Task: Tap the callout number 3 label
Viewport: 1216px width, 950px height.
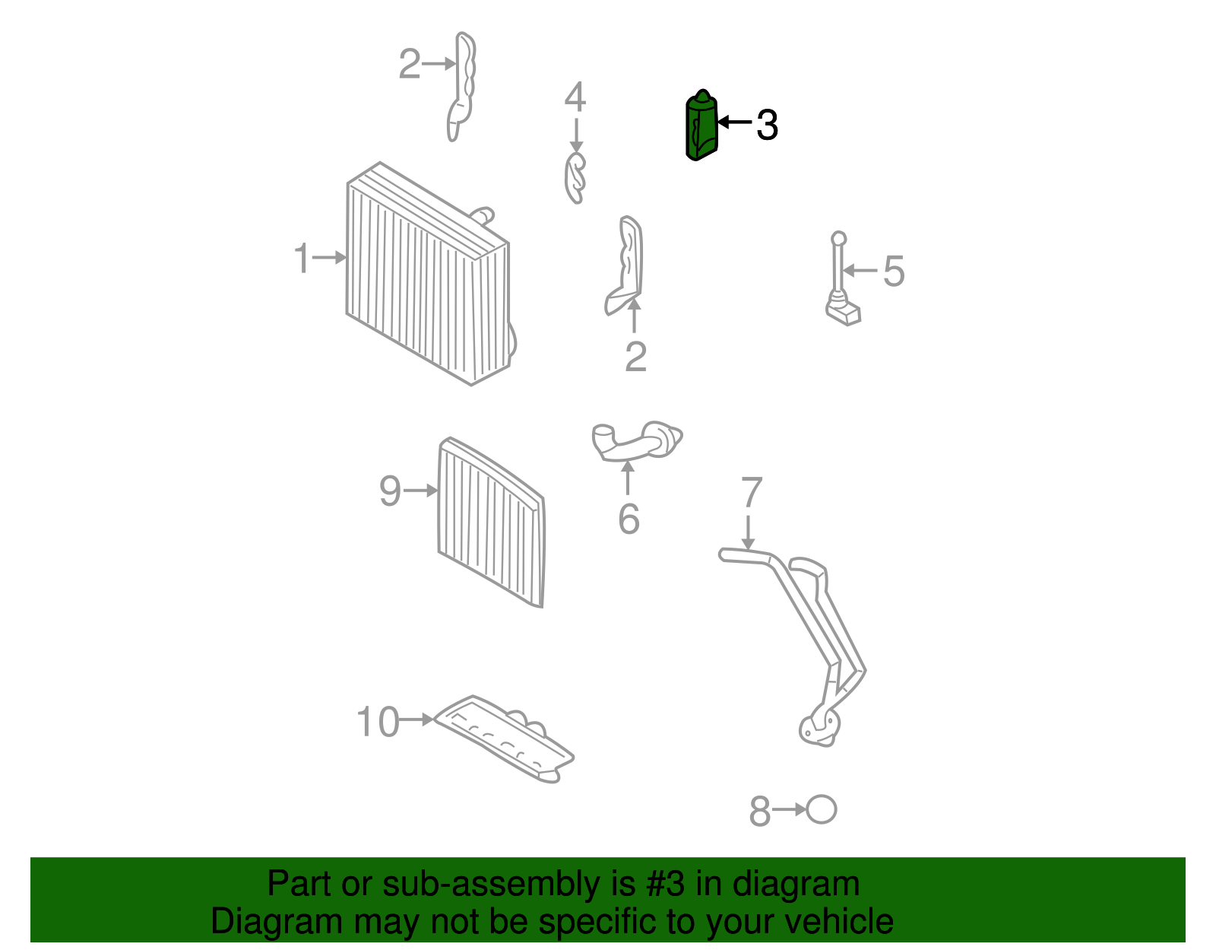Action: (767, 125)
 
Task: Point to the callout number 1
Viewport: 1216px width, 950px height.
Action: (302, 258)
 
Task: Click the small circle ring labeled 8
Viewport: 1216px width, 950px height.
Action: (821, 809)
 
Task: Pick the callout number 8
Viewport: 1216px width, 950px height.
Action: (760, 811)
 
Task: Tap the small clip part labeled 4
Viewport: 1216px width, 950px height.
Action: (575, 178)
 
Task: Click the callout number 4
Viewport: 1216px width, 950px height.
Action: (575, 97)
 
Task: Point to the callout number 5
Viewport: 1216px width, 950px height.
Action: (894, 271)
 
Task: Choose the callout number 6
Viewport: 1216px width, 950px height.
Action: (629, 519)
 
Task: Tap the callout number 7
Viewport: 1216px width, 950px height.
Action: (752, 491)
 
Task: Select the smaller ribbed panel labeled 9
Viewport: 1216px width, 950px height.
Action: (491, 523)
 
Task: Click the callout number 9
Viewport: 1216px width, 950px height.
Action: (390, 491)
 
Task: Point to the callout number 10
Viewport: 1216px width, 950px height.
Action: (378, 722)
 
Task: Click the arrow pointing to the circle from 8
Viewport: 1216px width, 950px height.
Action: (788, 809)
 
